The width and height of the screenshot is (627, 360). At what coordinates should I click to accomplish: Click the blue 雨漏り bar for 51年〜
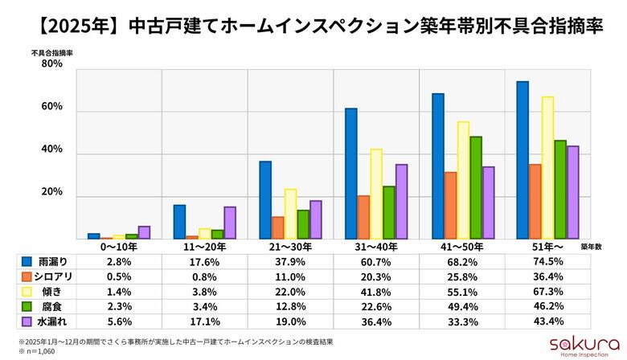(522, 160)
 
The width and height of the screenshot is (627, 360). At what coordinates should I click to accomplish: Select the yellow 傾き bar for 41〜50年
(463, 180)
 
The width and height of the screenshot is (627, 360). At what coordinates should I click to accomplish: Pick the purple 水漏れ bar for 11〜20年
(230, 223)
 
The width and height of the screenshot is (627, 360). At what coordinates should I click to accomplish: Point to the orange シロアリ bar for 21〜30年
(277, 227)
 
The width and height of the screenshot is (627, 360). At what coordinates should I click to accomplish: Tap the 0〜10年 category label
(119, 247)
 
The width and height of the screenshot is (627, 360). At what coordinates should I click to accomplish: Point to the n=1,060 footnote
(39, 351)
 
